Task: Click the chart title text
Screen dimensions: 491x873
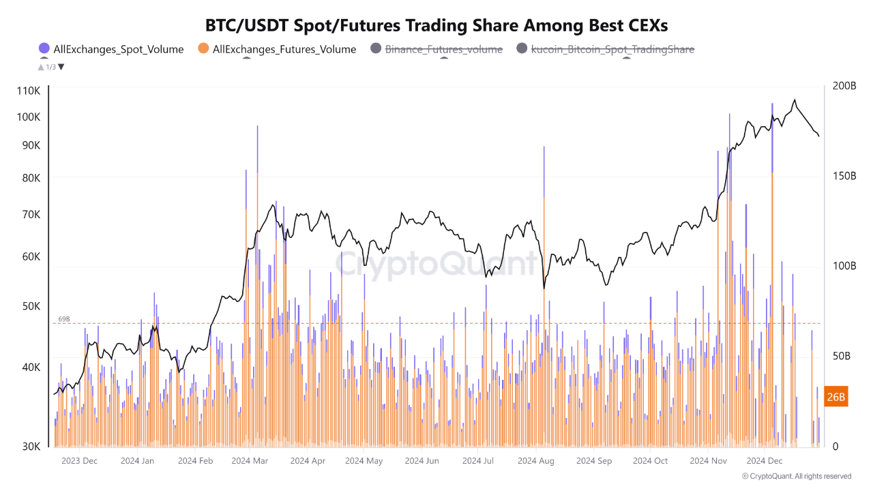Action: click(436, 25)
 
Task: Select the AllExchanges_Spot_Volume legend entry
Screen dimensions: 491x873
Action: click(118, 49)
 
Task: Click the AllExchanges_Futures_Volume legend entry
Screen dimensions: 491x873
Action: click(284, 49)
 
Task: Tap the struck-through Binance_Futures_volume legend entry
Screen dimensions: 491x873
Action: click(443, 49)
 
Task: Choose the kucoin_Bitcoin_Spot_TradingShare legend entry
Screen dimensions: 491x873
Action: click(612, 49)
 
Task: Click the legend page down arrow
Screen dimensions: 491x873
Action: click(61, 67)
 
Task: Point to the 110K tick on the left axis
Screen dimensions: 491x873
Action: click(29, 91)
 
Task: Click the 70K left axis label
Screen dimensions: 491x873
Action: click(31, 214)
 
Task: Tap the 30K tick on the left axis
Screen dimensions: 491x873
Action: click(31, 447)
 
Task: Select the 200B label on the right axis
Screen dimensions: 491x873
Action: click(844, 86)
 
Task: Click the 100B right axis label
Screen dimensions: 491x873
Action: click(844, 266)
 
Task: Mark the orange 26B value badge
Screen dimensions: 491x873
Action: click(836, 396)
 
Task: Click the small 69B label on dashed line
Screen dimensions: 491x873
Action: click(64, 318)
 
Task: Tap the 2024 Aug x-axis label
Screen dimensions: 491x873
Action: click(536, 461)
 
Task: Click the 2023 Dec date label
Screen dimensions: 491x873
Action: click(79, 461)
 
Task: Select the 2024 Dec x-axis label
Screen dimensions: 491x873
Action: click(765, 461)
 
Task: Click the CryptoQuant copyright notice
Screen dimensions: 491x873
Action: click(797, 476)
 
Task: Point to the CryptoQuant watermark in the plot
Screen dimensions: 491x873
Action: click(436, 263)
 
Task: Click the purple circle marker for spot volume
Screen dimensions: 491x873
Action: click(44, 48)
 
